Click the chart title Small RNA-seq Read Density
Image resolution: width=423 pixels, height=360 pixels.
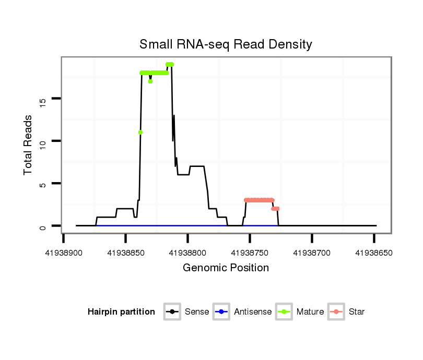[226, 44]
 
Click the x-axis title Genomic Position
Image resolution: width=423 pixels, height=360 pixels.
[226, 268]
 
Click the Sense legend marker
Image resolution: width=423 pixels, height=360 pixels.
[172, 312]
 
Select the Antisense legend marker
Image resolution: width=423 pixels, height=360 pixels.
[221, 312]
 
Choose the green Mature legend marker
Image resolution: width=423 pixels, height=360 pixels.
[284, 312]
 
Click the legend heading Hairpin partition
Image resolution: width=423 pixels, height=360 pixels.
[121, 312]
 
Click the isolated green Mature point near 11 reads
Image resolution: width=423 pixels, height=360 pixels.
[140, 132]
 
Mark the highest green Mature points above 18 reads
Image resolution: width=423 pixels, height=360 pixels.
[170, 64]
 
